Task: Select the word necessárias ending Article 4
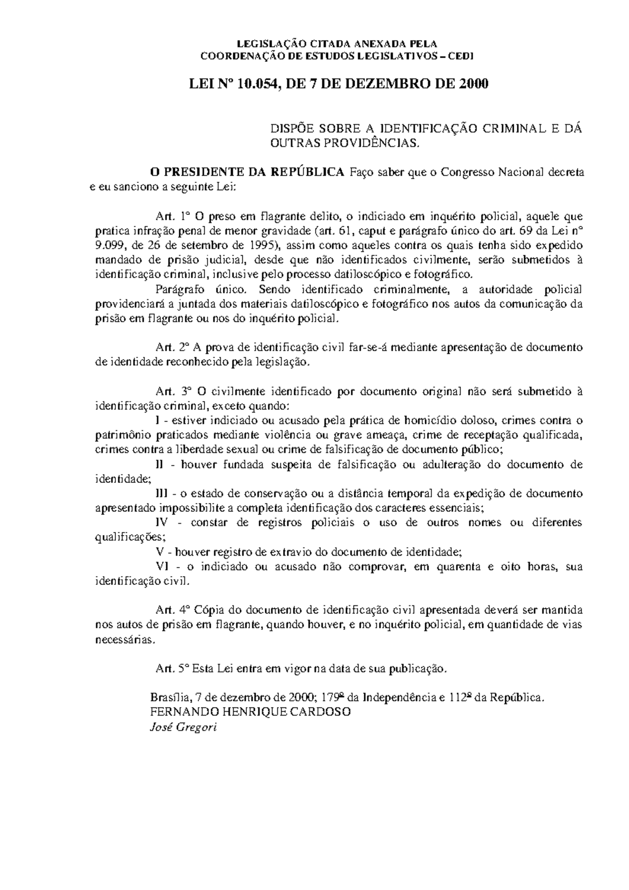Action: click(124, 639)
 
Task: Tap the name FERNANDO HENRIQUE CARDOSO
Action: click(250, 712)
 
